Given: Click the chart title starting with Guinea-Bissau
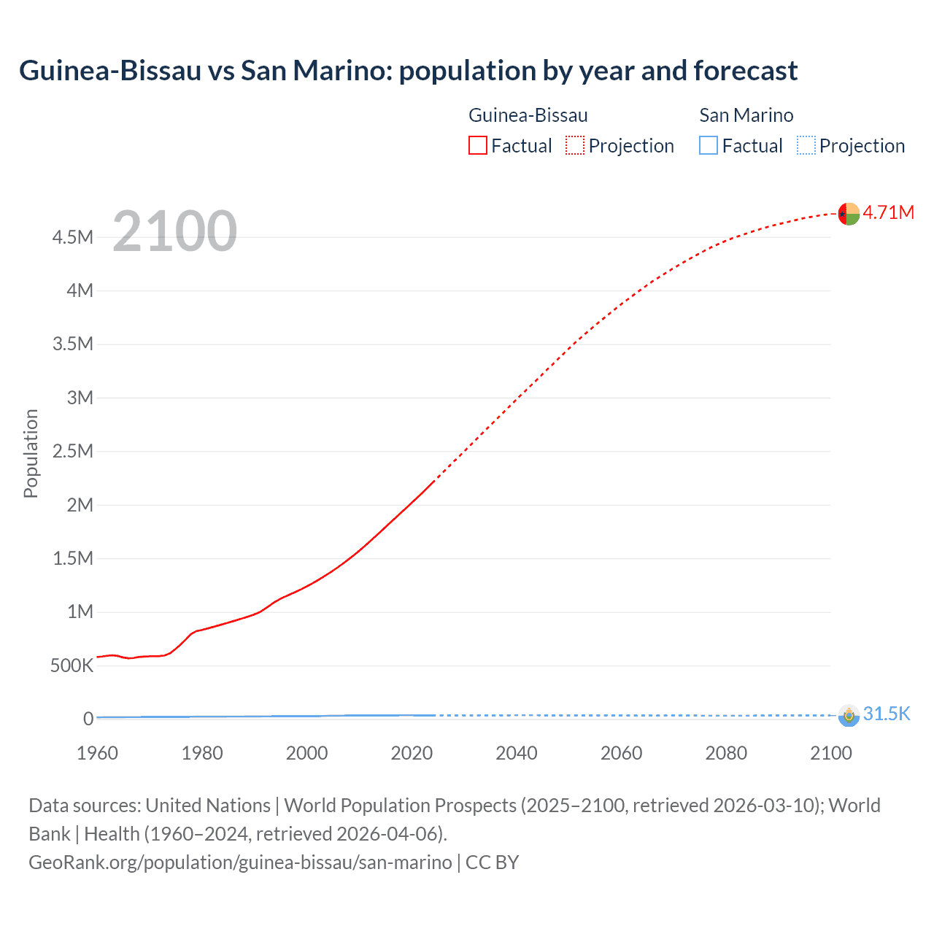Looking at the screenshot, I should pyautogui.click(x=408, y=71).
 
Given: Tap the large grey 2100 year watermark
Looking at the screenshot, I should pyautogui.click(x=174, y=231).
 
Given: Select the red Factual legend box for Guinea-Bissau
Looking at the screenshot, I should pyautogui.click(x=477, y=146).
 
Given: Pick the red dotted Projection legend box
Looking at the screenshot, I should pyautogui.click(x=575, y=146).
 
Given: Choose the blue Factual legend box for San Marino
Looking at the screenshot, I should pyautogui.click(x=708, y=146).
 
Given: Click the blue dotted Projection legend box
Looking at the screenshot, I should pyautogui.click(x=806, y=146).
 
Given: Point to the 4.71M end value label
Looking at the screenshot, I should pyautogui.click(x=888, y=212).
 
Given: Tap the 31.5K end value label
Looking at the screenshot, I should pyautogui.click(x=887, y=714).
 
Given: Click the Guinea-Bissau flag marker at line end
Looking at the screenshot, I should pyautogui.click(x=849, y=214).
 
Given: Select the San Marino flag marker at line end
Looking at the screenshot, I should pyautogui.click(x=849, y=715).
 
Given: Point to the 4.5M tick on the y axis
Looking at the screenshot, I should pyautogui.click(x=73, y=237).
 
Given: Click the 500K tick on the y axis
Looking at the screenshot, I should pyautogui.click(x=72, y=665).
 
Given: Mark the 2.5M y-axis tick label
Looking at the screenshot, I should pyautogui.click(x=73, y=451).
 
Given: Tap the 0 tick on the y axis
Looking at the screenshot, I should pyautogui.click(x=88, y=719).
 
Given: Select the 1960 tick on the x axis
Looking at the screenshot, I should pyautogui.click(x=97, y=753).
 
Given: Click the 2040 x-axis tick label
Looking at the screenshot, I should pyautogui.click(x=517, y=753).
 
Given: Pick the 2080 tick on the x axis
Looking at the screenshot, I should pyautogui.click(x=726, y=753).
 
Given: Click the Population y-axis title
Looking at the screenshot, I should pyautogui.click(x=31, y=453).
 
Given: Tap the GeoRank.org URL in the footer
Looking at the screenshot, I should pyautogui.click(x=240, y=862).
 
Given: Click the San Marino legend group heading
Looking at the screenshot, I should pyautogui.click(x=746, y=115).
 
